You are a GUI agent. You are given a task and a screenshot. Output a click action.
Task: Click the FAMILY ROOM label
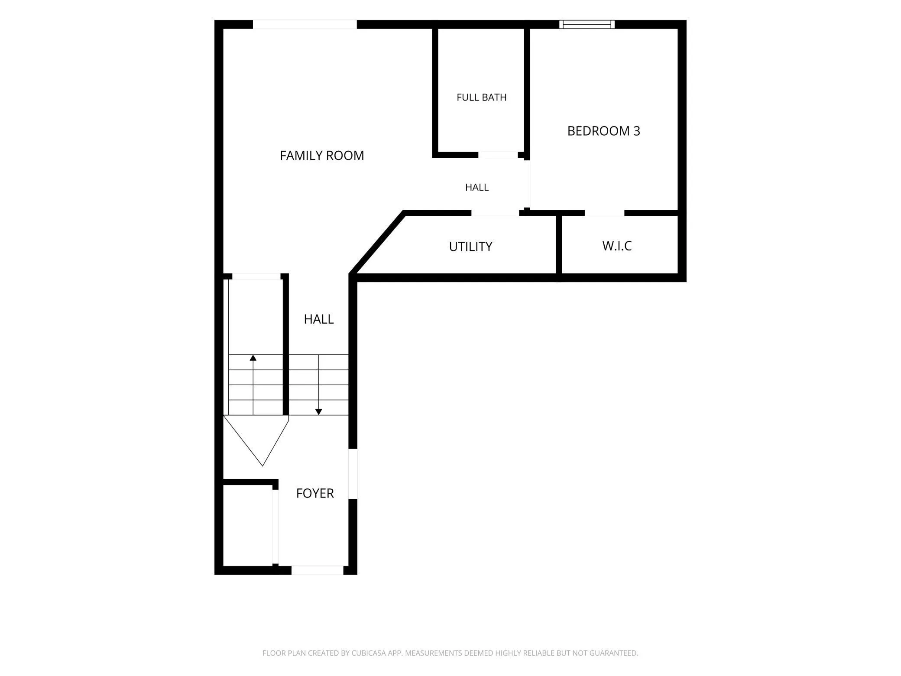[x=322, y=156]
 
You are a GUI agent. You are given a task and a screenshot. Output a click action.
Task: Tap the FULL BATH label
[x=482, y=97]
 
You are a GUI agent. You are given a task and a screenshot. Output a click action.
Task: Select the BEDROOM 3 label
[x=603, y=131]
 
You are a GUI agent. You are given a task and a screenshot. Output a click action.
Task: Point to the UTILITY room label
[x=470, y=247]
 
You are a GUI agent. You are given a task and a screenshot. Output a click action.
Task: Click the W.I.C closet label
[x=617, y=246]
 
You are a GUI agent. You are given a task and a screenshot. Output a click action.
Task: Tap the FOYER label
[x=315, y=493]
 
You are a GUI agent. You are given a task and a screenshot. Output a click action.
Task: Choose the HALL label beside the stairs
[x=319, y=319]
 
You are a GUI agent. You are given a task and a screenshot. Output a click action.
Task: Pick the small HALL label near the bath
[x=477, y=187]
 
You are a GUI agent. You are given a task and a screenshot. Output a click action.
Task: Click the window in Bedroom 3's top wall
[x=587, y=24]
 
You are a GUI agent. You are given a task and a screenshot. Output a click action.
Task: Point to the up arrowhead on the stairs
[x=253, y=357]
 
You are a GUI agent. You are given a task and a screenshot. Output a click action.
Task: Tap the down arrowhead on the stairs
[x=318, y=412]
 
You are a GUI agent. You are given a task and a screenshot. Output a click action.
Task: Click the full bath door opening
[x=498, y=155]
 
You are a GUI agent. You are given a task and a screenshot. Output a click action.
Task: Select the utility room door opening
[x=495, y=213]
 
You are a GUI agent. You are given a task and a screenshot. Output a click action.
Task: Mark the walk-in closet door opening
[x=605, y=213]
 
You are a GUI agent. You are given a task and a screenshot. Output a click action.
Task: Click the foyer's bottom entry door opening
[x=317, y=570]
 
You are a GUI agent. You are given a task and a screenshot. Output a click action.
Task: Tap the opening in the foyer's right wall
[x=353, y=474]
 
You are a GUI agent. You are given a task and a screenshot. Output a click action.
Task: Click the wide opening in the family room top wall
[x=305, y=24]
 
